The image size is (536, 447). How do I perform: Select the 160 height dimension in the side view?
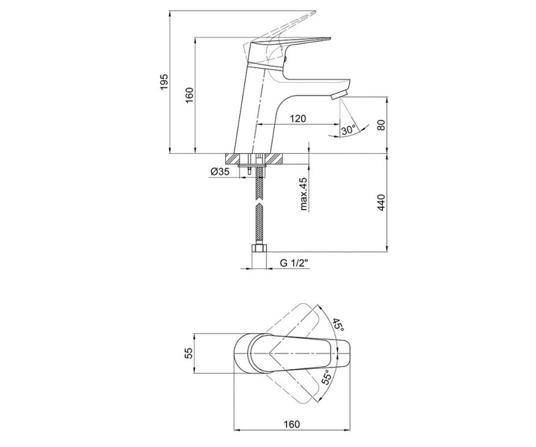[189, 95]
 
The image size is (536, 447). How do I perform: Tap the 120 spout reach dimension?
[298, 119]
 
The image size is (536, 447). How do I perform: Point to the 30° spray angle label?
[348, 130]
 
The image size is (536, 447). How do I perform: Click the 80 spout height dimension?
[382, 125]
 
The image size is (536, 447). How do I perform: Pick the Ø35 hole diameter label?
[220, 171]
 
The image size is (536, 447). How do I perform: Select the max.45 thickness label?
[303, 194]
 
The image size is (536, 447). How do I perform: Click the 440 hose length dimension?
[382, 202]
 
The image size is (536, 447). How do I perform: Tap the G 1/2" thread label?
[294, 263]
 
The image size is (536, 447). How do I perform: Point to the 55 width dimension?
[188, 353]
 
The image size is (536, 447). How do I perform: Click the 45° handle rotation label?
[338, 325]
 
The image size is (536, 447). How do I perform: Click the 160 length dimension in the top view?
[292, 424]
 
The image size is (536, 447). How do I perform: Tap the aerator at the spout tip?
[339, 95]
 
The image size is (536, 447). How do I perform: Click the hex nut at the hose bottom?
[259, 249]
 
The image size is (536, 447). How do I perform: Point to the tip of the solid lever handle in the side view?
[330, 39]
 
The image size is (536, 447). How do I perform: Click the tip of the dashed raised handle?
[315, 12]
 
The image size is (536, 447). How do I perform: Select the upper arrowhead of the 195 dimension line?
[170, 13]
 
